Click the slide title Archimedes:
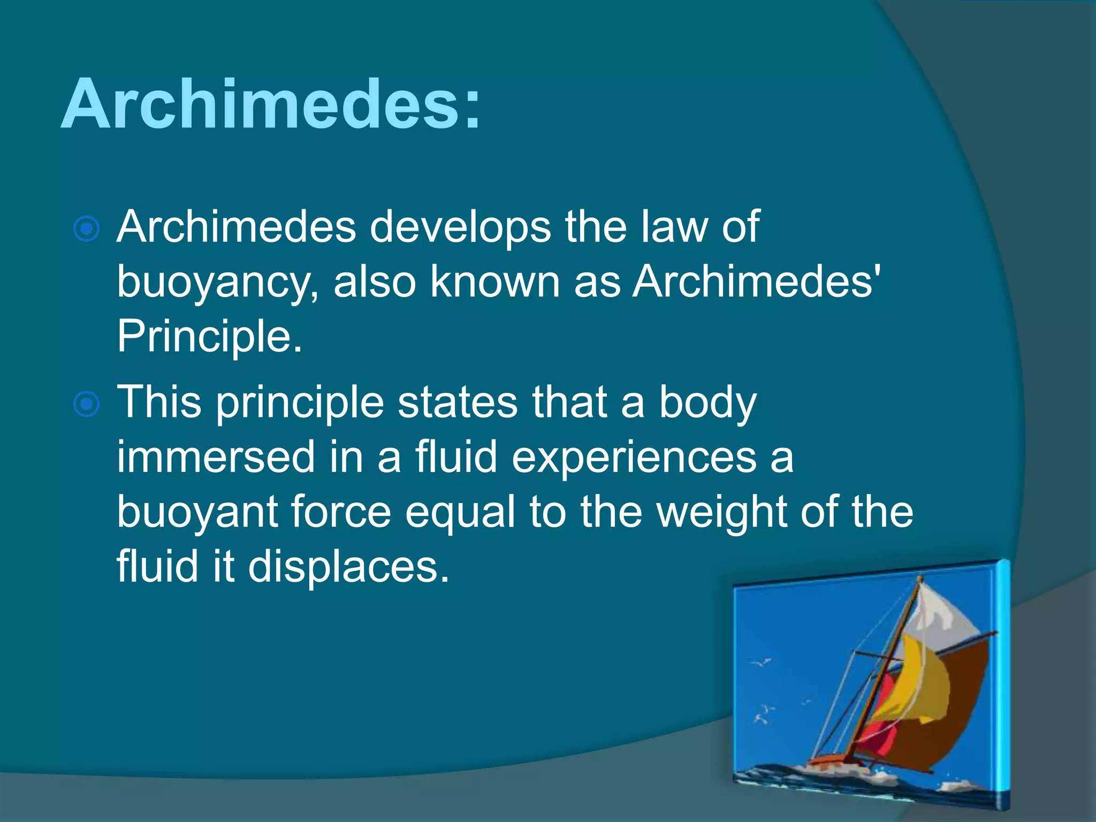pyautogui.click(x=271, y=104)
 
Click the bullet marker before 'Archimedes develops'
pyautogui.click(x=86, y=230)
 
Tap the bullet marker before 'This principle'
pyautogui.click(x=86, y=404)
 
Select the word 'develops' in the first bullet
pyautogui.click(x=460, y=227)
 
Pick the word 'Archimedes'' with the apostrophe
pyautogui.click(x=757, y=281)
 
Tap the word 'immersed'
pyautogui.click(x=216, y=457)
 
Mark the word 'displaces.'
pyautogui.click(x=348, y=566)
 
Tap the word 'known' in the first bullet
pyautogui.click(x=495, y=281)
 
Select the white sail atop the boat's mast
pyautogui.click(x=942, y=610)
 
